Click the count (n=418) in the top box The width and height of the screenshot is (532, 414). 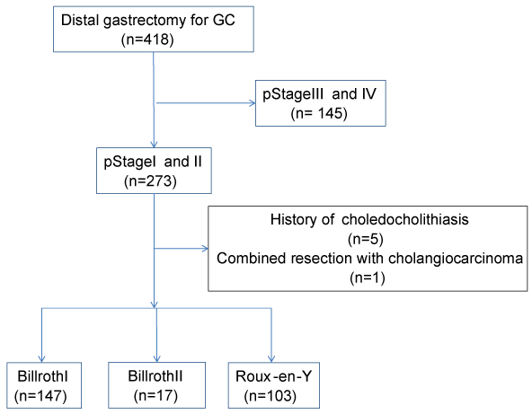click(147, 40)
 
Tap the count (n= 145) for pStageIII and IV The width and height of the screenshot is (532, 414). click(319, 113)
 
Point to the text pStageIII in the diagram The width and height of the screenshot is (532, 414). click(293, 94)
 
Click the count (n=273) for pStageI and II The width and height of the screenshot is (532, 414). click(150, 181)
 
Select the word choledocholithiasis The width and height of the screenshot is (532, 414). click(405, 219)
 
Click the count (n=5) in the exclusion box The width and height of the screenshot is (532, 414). click(366, 239)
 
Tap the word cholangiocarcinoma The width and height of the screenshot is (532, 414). click(456, 259)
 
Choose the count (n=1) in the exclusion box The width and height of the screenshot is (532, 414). click(368, 278)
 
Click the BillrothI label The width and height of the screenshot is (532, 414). click(43, 376)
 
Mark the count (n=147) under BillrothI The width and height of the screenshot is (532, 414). click(40, 396)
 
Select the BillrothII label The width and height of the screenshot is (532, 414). click(155, 376)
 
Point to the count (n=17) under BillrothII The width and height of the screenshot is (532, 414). click(155, 396)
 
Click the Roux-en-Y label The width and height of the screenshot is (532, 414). click(273, 376)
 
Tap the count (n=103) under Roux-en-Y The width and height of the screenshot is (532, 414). click(270, 396)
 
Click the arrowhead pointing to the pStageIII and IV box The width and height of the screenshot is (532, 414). click(253, 103)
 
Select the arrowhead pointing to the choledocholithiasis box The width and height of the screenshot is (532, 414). click(205, 249)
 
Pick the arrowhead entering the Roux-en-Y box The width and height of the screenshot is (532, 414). click(271, 358)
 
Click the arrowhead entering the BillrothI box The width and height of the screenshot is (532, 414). click(41, 358)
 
